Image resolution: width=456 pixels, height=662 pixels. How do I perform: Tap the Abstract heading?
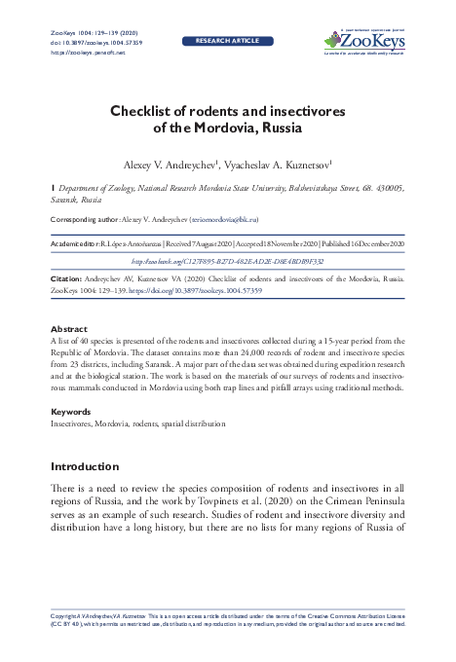[64, 329]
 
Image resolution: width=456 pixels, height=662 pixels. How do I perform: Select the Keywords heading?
[67, 413]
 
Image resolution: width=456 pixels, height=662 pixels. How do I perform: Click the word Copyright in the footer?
[65, 617]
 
